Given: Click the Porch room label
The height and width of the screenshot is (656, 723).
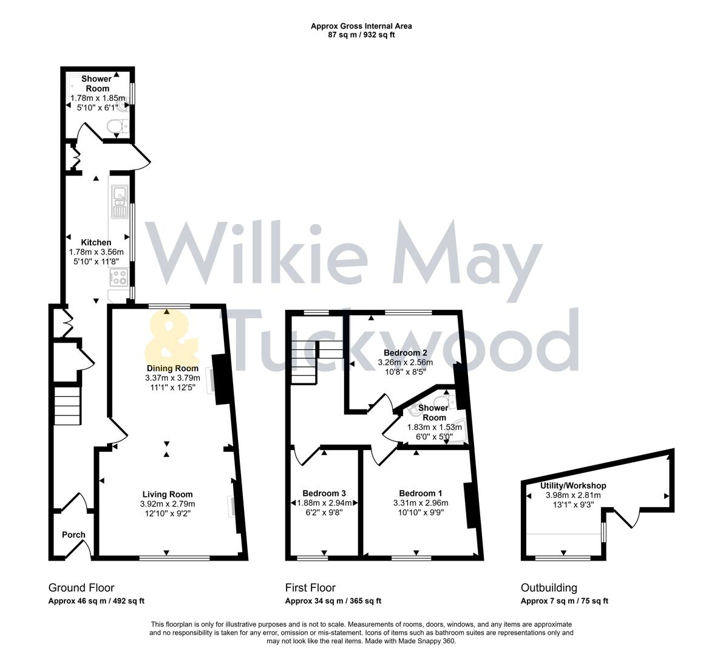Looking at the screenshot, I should pyautogui.click(x=73, y=535).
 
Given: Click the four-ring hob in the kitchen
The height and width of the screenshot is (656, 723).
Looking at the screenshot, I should pyautogui.click(x=118, y=278).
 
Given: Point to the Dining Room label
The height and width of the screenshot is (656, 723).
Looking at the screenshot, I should pyautogui.click(x=172, y=368).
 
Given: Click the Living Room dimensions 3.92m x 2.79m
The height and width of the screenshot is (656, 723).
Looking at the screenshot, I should pyautogui.click(x=167, y=504).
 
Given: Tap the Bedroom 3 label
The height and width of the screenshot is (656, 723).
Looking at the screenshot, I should pyautogui.click(x=324, y=493).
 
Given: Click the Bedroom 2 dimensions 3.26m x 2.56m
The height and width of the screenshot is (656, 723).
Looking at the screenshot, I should pyautogui.click(x=405, y=363).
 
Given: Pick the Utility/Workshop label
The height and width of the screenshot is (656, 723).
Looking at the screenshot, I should pyautogui.click(x=573, y=486).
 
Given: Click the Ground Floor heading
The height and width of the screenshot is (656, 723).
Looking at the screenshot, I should pyautogui.click(x=81, y=587).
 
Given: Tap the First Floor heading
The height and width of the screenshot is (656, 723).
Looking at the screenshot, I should pyautogui.click(x=310, y=587).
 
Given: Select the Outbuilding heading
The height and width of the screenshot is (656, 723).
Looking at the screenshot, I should pyautogui.click(x=549, y=587).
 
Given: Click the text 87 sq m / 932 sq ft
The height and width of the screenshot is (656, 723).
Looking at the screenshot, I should pyautogui.click(x=361, y=35).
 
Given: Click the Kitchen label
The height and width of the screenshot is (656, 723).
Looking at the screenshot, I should pyautogui.click(x=97, y=242).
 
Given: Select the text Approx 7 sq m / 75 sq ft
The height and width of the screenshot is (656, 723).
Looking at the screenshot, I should pyautogui.click(x=564, y=601).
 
